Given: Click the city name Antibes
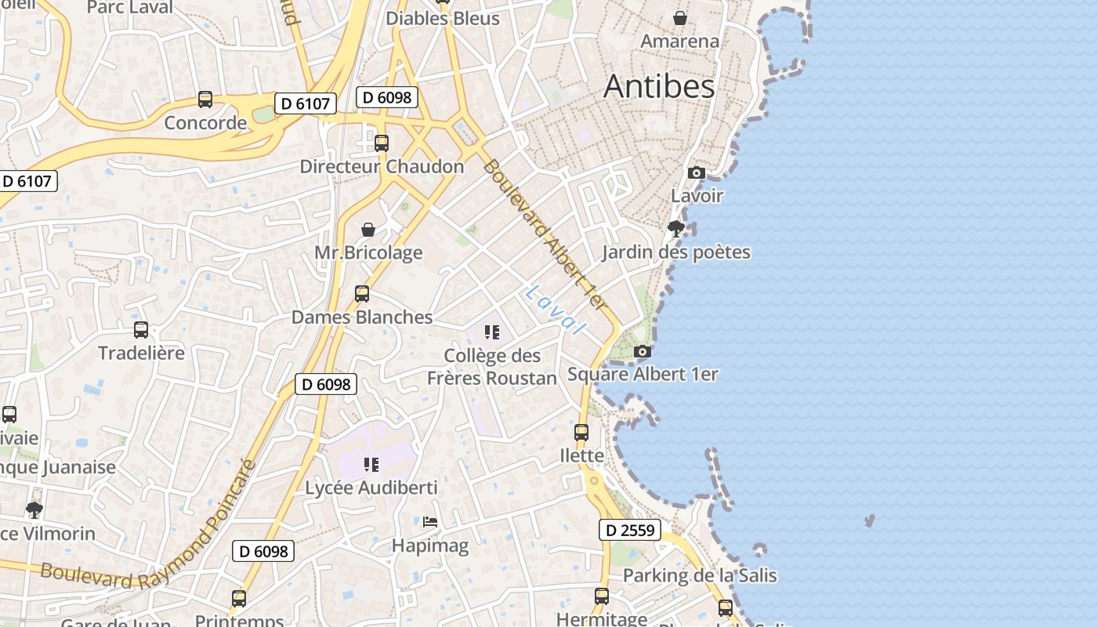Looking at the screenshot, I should (x=659, y=86).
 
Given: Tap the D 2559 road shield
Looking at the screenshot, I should (x=630, y=531).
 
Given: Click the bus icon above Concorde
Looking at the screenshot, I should (x=205, y=100).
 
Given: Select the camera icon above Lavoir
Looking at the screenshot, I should (x=696, y=173).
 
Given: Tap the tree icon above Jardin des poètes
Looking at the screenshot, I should (x=675, y=229).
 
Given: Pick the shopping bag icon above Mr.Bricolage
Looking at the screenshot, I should (x=367, y=230).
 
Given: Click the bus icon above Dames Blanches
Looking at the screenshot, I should (x=362, y=294).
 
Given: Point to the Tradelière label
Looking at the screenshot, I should (x=142, y=353).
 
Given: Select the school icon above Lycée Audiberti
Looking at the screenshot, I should (x=371, y=465).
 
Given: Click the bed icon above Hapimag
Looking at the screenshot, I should (x=429, y=521).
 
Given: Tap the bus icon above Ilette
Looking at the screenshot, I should (x=581, y=433).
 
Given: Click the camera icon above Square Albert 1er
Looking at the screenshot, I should (x=643, y=351).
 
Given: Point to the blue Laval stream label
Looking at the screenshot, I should (x=556, y=310).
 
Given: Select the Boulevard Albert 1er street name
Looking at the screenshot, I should (x=545, y=234).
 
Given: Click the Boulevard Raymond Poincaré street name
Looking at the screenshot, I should (x=149, y=541).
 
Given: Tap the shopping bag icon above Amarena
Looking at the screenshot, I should (x=680, y=17).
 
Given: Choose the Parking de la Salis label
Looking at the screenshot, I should (x=700, y=576).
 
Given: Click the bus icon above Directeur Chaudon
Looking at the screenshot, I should (x=382, y=143).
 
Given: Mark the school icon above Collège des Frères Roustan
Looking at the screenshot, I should (x=492, y=332).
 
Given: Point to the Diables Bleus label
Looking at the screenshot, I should (x=443, y=18).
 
